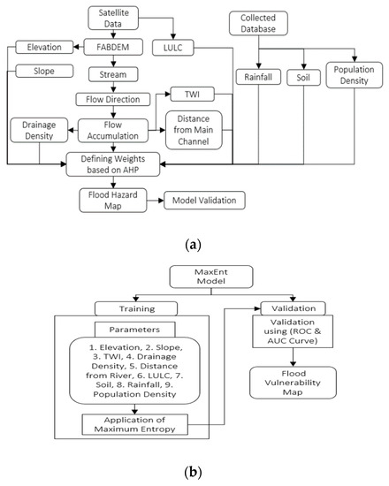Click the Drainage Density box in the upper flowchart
click(37, 130)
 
